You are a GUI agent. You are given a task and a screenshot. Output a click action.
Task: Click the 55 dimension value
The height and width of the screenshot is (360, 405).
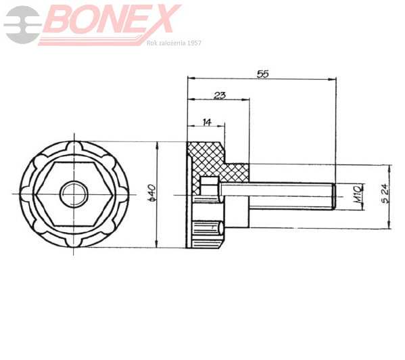coord(263,73)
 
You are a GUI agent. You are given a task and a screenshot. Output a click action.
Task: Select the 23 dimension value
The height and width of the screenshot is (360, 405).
coord(220,95)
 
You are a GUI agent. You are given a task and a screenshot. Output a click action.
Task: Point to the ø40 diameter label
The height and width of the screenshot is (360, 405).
coord(152,194)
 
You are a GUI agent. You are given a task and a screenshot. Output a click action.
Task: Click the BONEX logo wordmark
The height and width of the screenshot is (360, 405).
coord(112,20)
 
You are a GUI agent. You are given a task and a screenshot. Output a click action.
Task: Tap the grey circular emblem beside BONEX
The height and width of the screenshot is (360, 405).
coord(22,24)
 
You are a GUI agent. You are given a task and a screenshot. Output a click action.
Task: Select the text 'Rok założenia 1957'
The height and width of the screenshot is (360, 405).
coord(174,43)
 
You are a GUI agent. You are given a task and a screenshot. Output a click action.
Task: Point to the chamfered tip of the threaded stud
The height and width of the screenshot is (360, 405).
coord(333,195)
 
